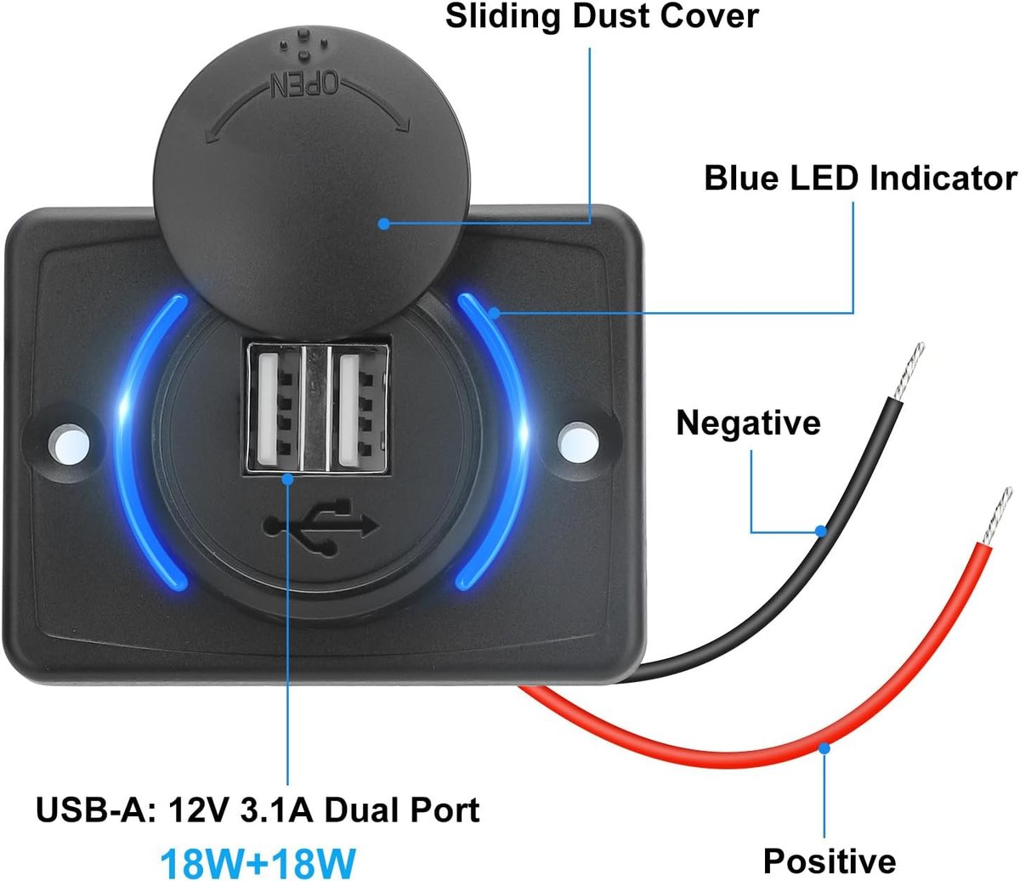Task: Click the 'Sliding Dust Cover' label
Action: (602, 17)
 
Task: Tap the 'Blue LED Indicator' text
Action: (860, 179)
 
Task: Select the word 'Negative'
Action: (748, 423)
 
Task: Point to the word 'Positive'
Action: (829, 861)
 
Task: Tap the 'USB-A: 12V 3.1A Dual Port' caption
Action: (258, 810)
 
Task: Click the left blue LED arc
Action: (144, 442)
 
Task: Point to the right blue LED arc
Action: (501, 442)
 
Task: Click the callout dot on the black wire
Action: (821, 531)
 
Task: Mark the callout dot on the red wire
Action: (824, 747)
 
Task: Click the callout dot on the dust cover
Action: (384, 224)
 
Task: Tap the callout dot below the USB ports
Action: (288, 479)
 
